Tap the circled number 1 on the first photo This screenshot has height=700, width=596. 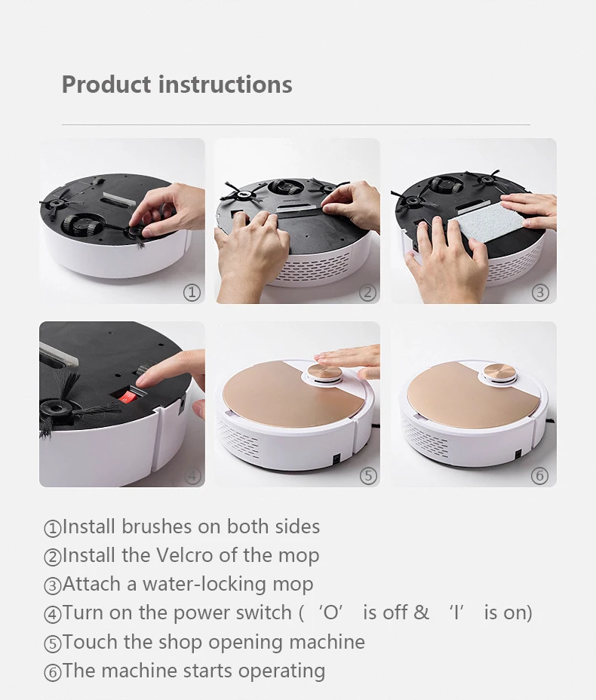coord(192,293)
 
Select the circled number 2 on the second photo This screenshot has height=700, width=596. coord(367,293)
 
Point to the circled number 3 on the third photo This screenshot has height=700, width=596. coord(540,293)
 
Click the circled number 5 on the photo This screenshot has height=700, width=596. coord(367,476)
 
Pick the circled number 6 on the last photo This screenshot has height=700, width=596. coord(540,476)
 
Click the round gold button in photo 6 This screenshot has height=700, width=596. coord(499,371)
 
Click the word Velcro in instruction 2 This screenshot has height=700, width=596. coord(185,556)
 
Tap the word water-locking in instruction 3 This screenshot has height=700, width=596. coord(204,585)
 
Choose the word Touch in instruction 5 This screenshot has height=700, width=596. coord(89,642)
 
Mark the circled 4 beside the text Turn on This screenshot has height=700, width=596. coord(52,614)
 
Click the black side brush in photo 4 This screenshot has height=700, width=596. coord(68,408)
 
